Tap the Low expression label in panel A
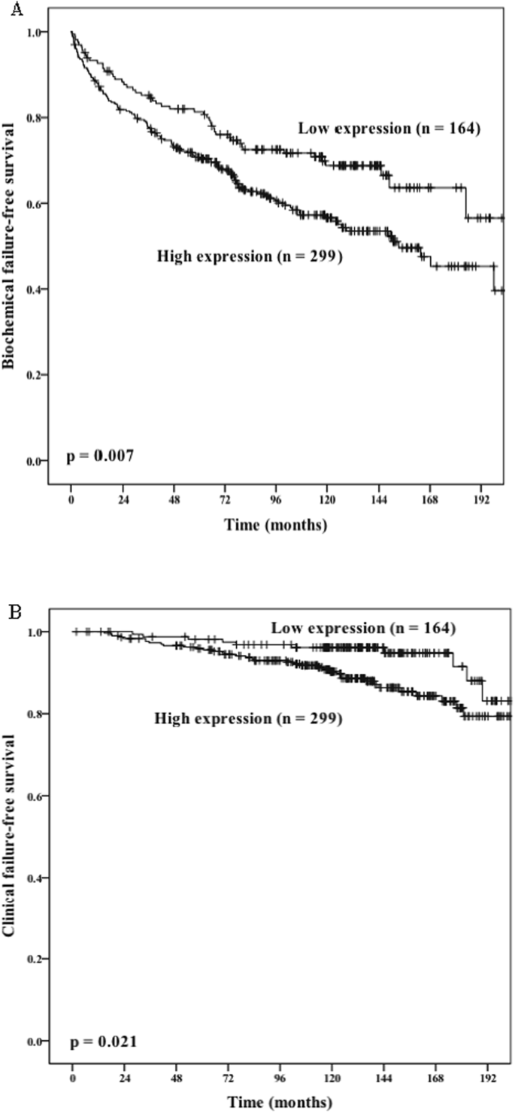click(389, 129)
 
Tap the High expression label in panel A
click(250, 256)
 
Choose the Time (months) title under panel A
click(276, 525)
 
